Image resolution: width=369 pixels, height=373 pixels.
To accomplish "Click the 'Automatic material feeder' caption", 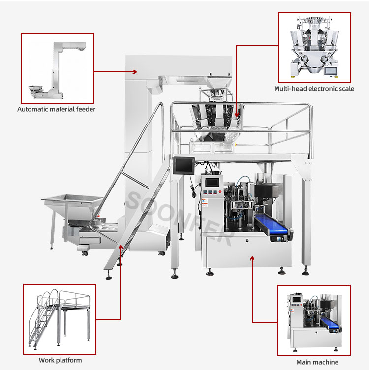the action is tap(57, 109).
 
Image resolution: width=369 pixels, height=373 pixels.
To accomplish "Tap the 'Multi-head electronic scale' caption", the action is tap(314, 89).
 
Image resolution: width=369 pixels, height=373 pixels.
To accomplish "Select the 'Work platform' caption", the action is tap(60, 360).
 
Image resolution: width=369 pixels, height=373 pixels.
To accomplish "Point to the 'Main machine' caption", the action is tap(317, 362).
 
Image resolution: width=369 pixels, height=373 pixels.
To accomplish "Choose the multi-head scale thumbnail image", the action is tap(314, 47).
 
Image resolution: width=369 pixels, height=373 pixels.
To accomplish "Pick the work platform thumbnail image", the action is tap(60, 319).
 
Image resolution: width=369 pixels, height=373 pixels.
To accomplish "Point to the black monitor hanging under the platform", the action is tap(184, 165).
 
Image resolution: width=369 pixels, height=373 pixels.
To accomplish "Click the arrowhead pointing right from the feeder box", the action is tap(135, 72).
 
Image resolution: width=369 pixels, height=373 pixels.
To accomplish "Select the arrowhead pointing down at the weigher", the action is tap(237, 115).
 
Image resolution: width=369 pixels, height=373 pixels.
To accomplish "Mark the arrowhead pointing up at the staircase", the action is tap(121, 248).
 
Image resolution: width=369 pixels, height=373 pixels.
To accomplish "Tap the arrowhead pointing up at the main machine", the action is tap(252, 259).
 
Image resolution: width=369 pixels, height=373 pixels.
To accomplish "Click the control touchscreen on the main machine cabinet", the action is tap(212, 183).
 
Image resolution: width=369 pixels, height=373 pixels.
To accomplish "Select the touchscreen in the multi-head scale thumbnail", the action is tap(331, 71).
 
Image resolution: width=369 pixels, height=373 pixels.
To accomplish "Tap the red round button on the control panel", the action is tap(220, 191).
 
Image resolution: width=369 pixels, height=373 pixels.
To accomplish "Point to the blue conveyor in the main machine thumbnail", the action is tap(330, 323).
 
